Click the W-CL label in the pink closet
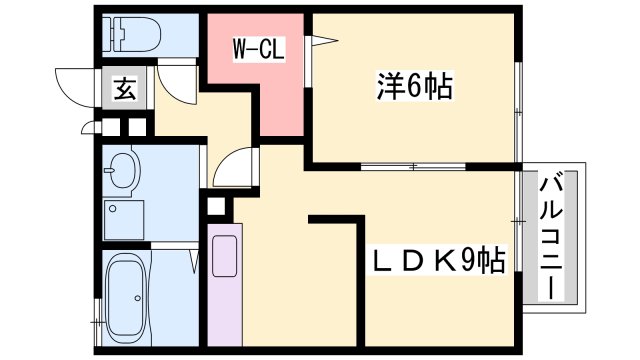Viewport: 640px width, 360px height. [261, 46]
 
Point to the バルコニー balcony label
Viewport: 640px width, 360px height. [550, 237]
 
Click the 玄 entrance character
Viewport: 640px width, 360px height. [124, 89]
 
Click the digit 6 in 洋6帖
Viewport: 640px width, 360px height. [413, 87]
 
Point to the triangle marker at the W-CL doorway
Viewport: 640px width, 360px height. [319, 41]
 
